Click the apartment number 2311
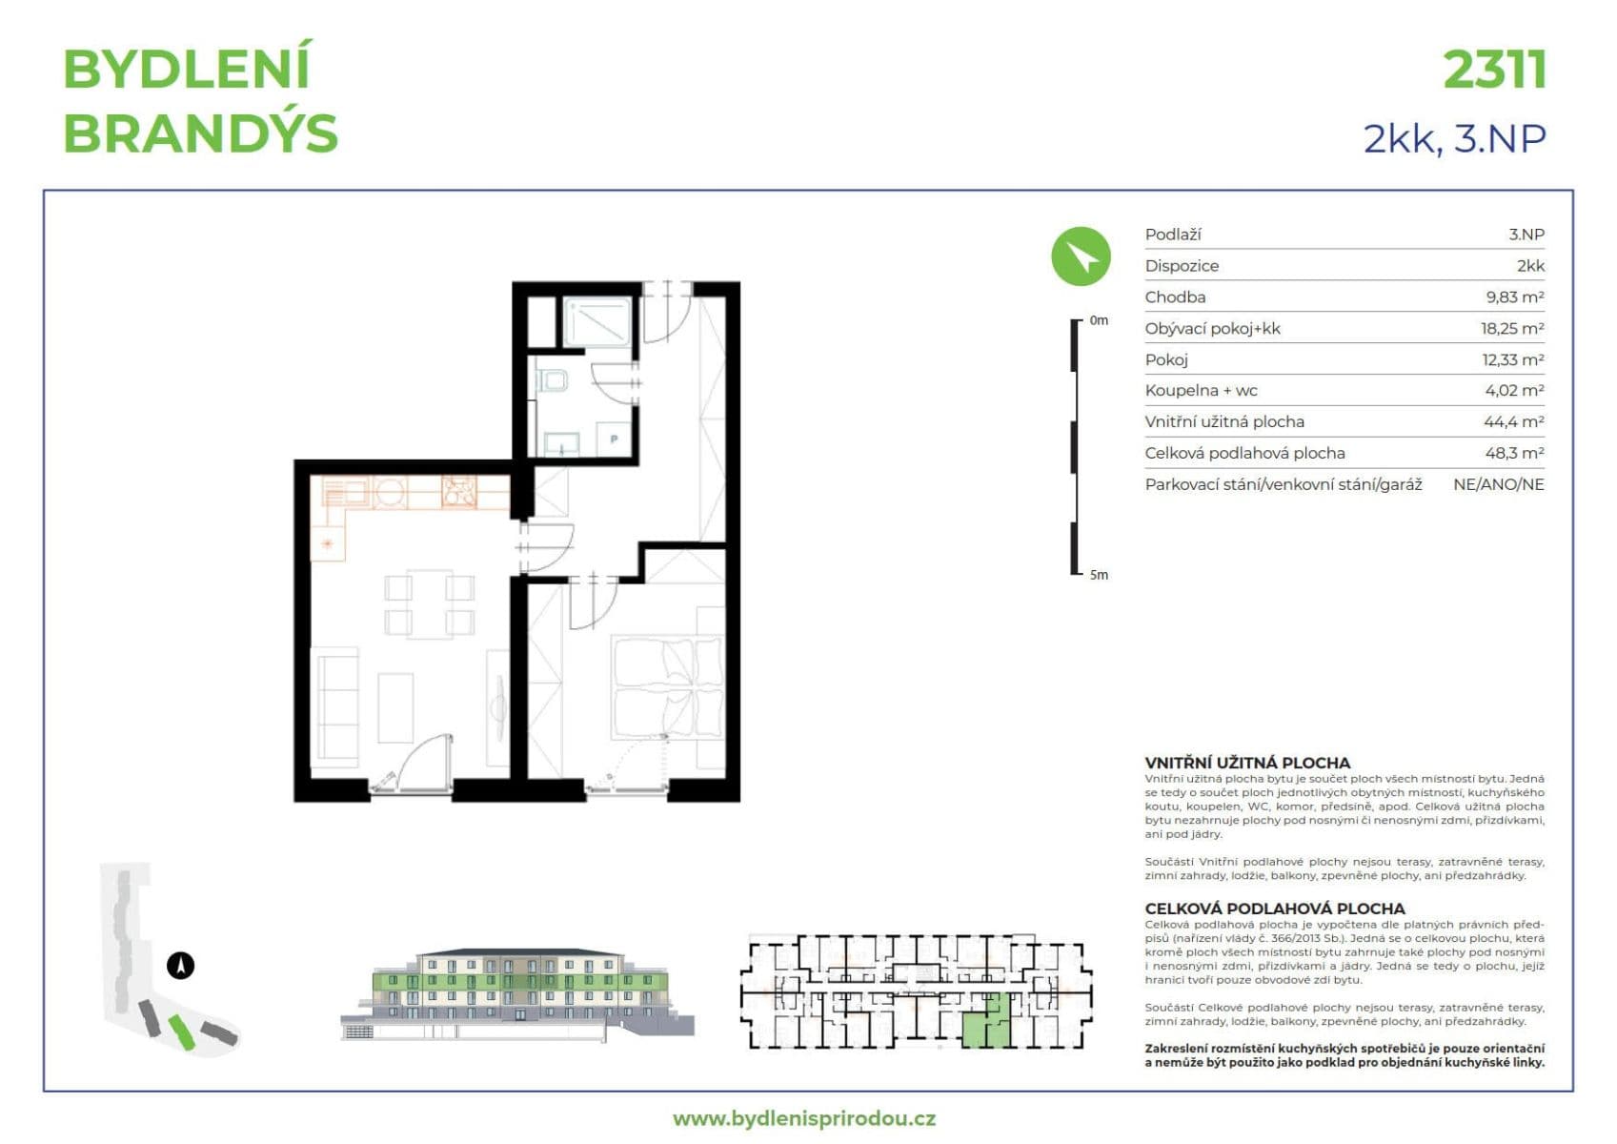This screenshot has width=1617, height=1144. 1493,71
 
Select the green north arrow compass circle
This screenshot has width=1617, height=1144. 1081,256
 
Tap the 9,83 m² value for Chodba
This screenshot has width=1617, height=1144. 1514,297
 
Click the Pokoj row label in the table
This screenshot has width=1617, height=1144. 1166,359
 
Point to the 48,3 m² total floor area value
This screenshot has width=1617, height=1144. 1514,453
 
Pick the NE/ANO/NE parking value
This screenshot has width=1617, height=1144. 1498,484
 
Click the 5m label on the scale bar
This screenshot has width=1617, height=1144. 1099,575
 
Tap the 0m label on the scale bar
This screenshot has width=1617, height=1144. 1099,320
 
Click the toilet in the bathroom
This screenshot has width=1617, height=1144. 553,382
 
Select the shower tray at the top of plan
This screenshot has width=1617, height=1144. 596,322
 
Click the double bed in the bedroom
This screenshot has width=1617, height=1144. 667,686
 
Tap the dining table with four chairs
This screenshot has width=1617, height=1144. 429,603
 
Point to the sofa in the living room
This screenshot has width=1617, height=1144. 336,705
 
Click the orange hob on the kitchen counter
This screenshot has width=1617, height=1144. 458,491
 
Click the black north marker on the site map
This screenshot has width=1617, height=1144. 180,966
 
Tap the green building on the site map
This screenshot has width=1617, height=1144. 181,1032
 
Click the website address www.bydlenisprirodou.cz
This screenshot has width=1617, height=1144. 803,1118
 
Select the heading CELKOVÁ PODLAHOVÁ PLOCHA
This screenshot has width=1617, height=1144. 1274,909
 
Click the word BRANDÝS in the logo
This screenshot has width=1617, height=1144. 200,133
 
